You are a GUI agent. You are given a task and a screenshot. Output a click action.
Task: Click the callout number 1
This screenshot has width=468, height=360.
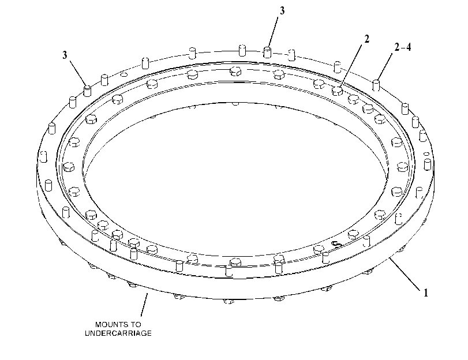click(x=426, y=293)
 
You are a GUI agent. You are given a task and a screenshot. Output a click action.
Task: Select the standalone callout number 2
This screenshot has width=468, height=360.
click(x=366, y=39)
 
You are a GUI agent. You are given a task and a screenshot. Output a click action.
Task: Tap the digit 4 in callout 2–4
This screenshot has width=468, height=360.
click(x=408, y=47)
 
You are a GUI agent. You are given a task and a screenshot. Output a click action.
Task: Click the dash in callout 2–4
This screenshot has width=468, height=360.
click(x=402, y=47)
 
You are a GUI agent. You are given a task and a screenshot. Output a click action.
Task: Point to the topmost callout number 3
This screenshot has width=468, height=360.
click(x=282, y=11)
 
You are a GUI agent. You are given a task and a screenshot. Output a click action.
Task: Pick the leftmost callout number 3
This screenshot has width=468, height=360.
click(x=65, y=55)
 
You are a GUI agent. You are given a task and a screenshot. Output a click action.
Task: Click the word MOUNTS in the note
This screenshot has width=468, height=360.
click(x=109, y=324)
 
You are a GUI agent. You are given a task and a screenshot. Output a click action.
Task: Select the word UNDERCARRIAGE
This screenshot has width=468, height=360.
click(x=118, y=333)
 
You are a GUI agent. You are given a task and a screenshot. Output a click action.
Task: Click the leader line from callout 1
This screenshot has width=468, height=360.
click(x=405, y=273)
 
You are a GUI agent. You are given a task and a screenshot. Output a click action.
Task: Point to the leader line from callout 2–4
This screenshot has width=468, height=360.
click(x=385, y=66)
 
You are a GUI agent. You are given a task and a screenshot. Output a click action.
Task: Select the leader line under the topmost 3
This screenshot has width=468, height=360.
click(x=273, y=32)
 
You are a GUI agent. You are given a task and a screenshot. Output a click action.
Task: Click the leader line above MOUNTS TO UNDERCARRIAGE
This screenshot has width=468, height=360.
click(x=144, y=305)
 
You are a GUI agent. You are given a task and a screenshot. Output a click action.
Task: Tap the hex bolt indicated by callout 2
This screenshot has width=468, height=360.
click(x=337, y=91)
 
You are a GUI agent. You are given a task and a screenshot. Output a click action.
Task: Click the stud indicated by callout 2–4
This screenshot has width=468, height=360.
click(x=376, y=85)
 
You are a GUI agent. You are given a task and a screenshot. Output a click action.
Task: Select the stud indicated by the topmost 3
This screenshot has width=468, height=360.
click(x=267, y=52)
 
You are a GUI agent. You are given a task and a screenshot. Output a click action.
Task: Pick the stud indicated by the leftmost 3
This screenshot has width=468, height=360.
click(x=87, y=91)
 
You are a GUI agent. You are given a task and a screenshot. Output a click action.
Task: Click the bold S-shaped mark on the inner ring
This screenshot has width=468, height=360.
click(x=337, y=244)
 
